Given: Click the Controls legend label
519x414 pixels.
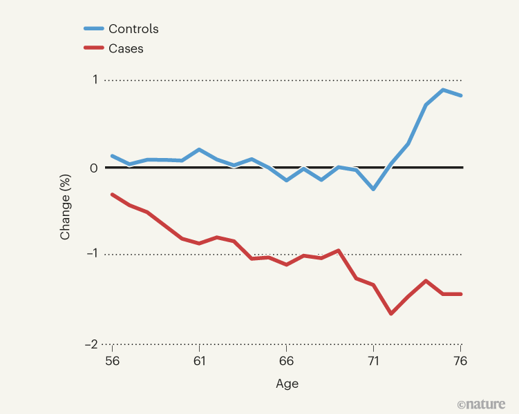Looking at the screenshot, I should click(x=134, y=29).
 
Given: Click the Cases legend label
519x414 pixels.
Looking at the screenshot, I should click(x=126, y=48).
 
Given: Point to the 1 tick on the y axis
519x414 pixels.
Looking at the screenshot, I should click(x=94, y=80).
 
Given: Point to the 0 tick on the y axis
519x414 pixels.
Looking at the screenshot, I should click(x=94, y=168).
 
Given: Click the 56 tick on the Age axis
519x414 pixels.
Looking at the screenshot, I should click(x=112, y=361).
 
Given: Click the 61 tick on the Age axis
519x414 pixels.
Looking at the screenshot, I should click(x=199, y=361).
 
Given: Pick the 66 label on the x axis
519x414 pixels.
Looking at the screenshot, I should click(x=286, y=361).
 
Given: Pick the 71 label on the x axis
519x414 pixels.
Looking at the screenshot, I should click(x=373, y=361).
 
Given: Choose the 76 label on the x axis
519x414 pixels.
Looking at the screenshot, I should click(x=460, y=361).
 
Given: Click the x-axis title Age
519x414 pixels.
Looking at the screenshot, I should click(x=287, y=384).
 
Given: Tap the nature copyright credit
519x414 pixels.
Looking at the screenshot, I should click(x=481, y=404).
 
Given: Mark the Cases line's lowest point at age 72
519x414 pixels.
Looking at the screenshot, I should click(x=391, y=313).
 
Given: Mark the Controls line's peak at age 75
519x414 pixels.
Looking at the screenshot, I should click(x=443, y=90).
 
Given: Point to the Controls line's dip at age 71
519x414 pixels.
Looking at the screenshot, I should click(x=373, y=189).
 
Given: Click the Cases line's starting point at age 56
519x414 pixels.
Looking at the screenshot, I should click(x=112, y=195).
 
